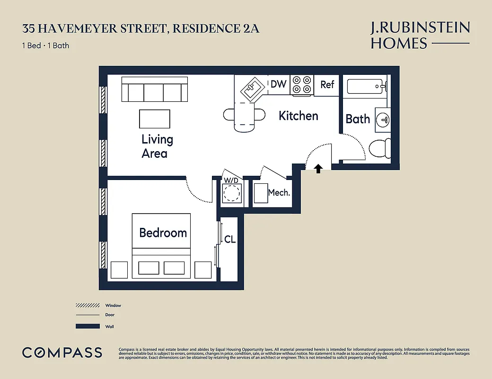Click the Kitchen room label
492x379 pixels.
(x=298, y=116)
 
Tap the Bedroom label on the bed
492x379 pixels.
(x=163, y=233)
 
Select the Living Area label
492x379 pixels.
(x=157, y=146)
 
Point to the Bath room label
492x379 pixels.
(x=358, y=118)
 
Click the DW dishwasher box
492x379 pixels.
(x=278, y=84)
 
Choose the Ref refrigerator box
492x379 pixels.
(x=327, y=85)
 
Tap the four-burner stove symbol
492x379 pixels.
(x=301, y=85)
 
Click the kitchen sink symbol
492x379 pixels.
(x=251, y=89)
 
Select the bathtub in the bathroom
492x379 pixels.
(x=367, y=87)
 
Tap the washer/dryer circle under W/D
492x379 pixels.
(x=232, y=193)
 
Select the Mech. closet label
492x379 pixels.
(x=279, y=192)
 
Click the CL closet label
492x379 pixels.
(x=230, y=239)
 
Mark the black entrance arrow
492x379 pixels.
(x=318, y=168)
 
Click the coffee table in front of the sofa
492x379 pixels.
(x=154, y=118)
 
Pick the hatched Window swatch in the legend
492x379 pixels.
(x=88, y=306)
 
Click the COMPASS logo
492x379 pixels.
(x=62, y=352)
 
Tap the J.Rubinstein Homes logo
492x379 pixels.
(x=420, y=36)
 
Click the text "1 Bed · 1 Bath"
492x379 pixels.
(x=46, y=46)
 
